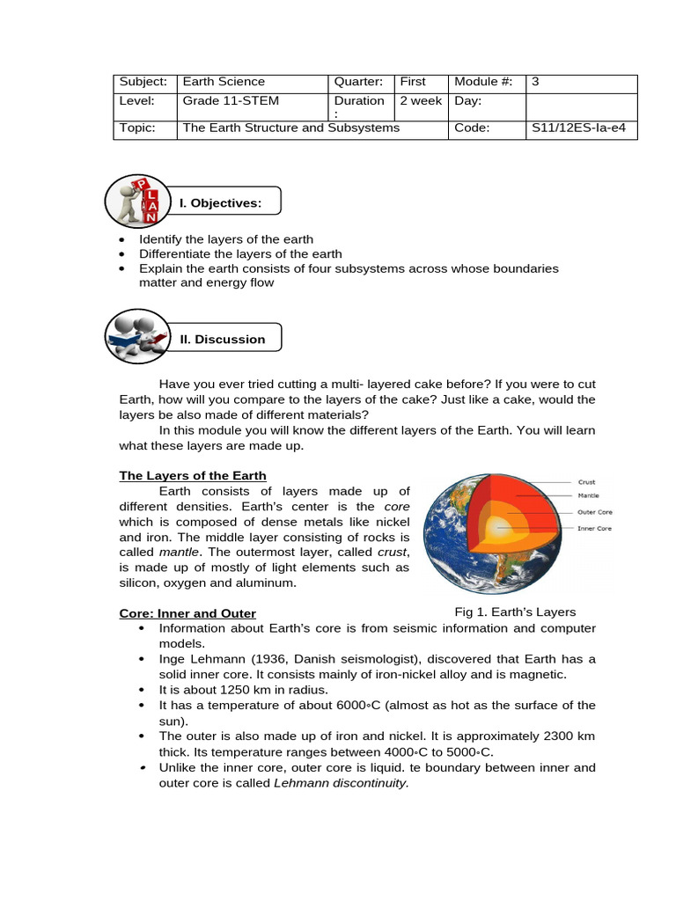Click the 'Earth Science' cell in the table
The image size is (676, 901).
coord(224,82)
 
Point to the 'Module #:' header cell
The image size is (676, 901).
coord(483,82)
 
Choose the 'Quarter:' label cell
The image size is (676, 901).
coord(358,82)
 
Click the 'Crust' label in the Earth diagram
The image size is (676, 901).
coord(586,482)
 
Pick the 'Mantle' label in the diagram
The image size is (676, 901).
coord(588,495)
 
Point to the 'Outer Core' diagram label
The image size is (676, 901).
coord(594,511)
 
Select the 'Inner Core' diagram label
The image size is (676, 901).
coord(594,528)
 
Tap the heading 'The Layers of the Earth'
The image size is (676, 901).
coord(193,476)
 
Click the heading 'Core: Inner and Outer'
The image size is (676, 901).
coord(187,613)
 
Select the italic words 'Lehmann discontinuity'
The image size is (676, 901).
coord(342,783)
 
